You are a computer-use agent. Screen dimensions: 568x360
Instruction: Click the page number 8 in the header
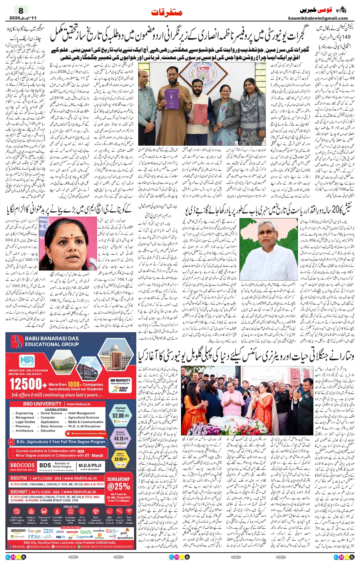click(x=21, y=10)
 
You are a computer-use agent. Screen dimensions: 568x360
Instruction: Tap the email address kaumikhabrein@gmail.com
click(x=318, y=18)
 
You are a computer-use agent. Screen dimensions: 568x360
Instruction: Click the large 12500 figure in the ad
click(x=25, y=384)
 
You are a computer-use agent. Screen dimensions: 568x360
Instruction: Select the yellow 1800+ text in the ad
click(x=74, y=384)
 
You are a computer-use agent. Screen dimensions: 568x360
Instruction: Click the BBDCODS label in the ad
click(x=22, y=465)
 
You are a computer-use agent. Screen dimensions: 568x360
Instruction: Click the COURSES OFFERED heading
click(x=56, y=409)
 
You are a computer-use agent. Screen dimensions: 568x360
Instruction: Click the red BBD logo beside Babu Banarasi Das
click(x=17, y=341)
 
